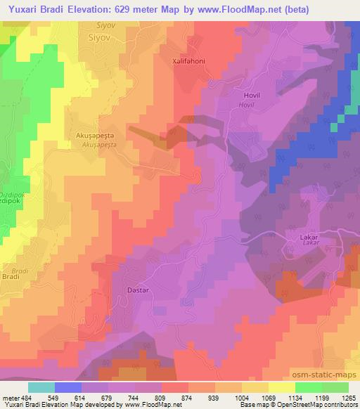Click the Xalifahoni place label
tap(189, 61)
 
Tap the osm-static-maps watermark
tap(326, 376)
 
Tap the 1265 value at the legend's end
tap(349, 397)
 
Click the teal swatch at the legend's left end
tap(41, 387)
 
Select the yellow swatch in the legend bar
tap(281, 387)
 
